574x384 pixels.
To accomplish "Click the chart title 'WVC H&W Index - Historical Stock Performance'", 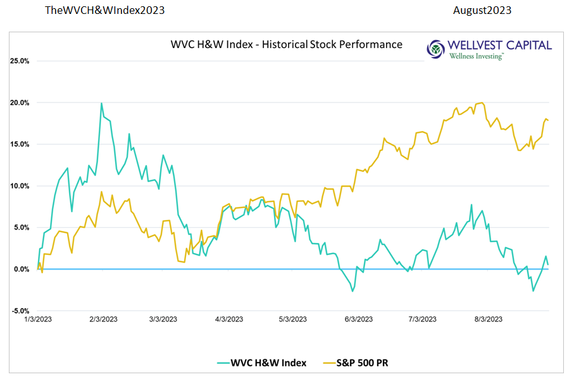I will (x=286, y=44).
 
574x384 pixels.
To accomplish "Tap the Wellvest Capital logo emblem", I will (x=436, y=49).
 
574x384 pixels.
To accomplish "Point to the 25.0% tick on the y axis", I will (x=20, y=61).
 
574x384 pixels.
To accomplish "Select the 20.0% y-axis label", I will (x=20, y=102).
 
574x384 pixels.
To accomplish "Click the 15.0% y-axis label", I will (x=20, y=144).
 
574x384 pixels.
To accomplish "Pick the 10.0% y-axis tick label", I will (x=20, y=186).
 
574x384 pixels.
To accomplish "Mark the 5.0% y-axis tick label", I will (x=21, y=227).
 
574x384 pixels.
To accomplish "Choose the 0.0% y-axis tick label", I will (x=21, y=269).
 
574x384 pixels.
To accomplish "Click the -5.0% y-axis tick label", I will (x=20, y=311).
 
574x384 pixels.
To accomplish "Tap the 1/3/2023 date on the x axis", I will (x=38, y=319).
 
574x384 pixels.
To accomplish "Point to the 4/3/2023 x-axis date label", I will (x=229, y=319).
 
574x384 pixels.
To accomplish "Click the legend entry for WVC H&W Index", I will (x=261, y=362).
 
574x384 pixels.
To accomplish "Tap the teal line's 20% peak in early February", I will (x=101, y=103).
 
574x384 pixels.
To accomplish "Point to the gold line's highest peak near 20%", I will (x=482, y=103).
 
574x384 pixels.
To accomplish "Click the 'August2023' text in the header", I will (x=482, y=11).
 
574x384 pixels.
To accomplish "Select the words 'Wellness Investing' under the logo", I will (x=476, y=56).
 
